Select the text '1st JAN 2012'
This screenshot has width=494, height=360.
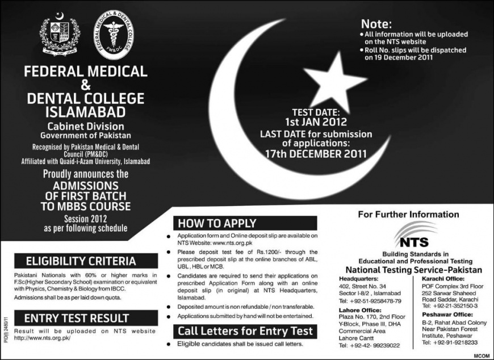point(316,122)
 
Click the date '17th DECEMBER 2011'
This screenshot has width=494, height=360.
point(316,153)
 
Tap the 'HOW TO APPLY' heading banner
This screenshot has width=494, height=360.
point(217,223)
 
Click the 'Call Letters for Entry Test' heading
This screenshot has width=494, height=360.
point(245,331)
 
